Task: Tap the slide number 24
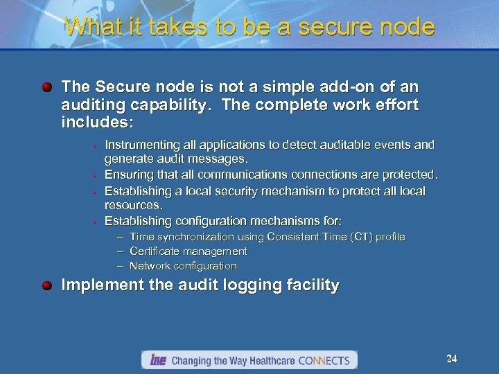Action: coord(452,359)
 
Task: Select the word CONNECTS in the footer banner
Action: coord(326,361)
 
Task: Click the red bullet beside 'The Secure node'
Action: coord(47,88)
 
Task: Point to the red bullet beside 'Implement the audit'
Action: coord(47,285)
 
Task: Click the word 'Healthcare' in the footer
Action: coord(268,361)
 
